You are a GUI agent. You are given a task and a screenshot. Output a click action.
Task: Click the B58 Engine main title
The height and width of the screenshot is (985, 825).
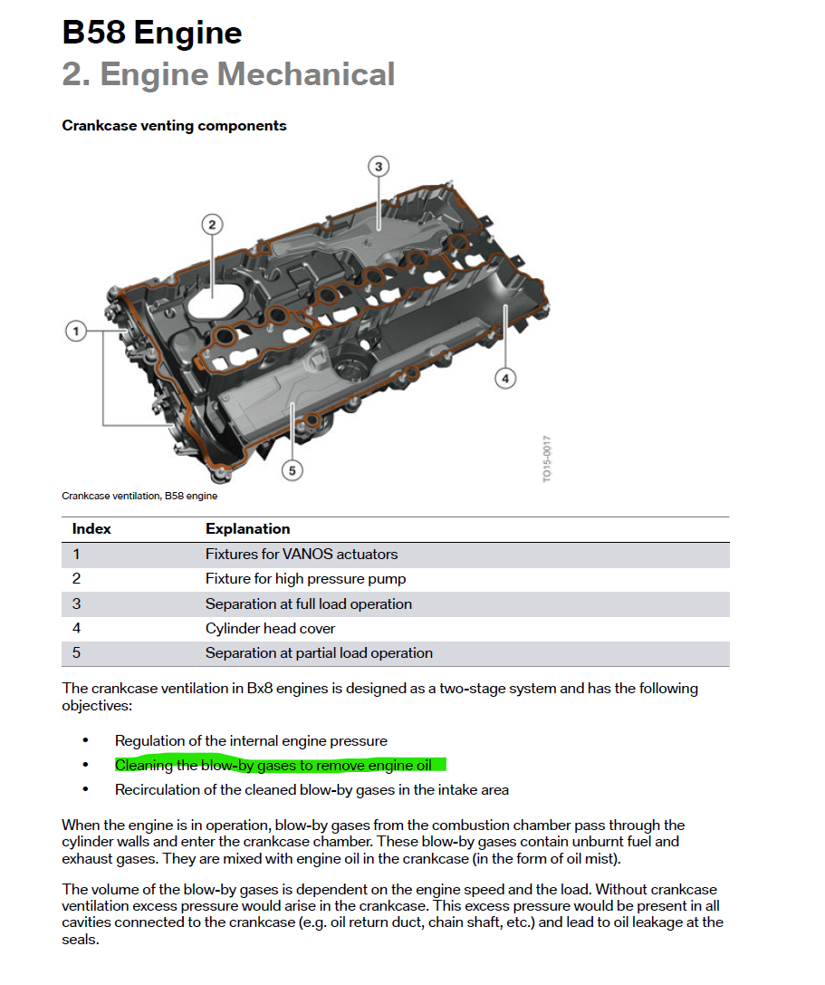(151, 34)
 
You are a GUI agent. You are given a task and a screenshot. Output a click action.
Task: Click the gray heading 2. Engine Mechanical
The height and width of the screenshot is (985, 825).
(228, 74)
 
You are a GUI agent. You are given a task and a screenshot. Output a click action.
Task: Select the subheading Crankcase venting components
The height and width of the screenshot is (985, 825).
(174, 126)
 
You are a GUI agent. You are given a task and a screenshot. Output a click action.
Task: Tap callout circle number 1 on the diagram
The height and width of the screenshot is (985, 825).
(77, 332)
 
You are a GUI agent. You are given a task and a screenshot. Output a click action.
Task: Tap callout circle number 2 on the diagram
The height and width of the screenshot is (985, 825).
(211, 224)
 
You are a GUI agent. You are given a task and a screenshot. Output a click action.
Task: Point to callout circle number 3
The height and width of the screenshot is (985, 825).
(379, 166)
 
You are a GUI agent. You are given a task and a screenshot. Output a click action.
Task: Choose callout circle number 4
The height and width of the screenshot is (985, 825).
(505, 378)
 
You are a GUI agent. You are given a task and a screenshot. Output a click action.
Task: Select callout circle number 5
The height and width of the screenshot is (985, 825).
(292, 469)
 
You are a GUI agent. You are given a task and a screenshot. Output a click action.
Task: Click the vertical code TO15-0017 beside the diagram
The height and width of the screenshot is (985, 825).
(547, 459)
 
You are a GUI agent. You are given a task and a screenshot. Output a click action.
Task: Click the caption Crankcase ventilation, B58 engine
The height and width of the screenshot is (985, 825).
(139, 496)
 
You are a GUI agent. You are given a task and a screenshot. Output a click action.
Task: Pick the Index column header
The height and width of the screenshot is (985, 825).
(91, 529)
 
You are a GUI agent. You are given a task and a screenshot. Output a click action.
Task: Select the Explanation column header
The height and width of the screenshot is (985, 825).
(247, 529)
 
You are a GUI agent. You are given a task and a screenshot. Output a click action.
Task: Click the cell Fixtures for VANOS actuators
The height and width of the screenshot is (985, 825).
(302, 555)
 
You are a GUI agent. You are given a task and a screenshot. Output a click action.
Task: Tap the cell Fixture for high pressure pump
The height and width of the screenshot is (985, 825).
(305, 579)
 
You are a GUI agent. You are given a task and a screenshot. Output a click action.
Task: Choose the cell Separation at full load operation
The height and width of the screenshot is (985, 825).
(308, 604)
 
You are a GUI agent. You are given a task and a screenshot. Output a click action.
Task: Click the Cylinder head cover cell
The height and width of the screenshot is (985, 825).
(270, 628)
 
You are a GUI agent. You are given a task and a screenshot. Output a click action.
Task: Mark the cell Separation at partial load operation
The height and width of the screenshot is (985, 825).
(319, 653)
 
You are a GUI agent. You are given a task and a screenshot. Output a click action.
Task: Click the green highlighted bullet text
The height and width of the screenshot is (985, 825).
(273, 766)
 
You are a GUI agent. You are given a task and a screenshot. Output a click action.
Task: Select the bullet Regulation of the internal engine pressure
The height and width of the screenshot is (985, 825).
(251, 741)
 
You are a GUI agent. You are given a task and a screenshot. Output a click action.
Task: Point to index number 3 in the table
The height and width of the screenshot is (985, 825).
(76, 604)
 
